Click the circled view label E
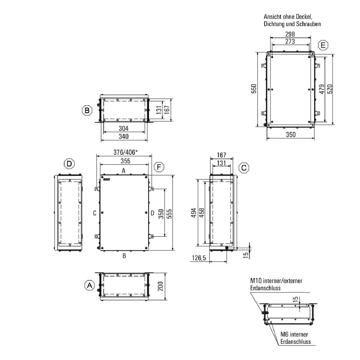click(x=323, y=45)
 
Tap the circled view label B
click(x=87, y=110)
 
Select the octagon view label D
click(x=69, y=164)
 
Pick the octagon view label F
click(x=159, y=167)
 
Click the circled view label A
click(x=90, y=285)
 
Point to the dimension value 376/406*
click(x=126, y=152)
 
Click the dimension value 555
click(x=169, y=214)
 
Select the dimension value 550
click(x=254, y=88)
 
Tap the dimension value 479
click(x=322, y=89)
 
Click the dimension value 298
click(x=290, y=34)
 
